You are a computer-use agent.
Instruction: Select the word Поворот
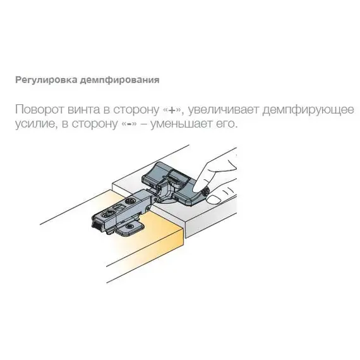37,109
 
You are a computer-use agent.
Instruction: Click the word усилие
32,124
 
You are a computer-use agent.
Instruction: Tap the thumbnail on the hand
213,200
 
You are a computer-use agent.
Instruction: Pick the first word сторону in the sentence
130,109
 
